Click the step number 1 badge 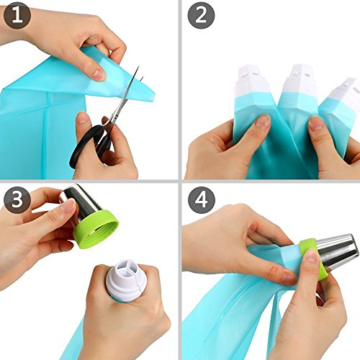click(x=17, y=16)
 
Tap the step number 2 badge click(x=201, y=16)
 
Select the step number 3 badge click(x=17, y=199)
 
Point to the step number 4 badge click(x=202, y=201)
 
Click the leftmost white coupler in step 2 click(x=251, y=81)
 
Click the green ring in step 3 click(x=96, y=230)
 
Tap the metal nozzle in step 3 click(x=81, y=203)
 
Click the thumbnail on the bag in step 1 click(x=99, y=74)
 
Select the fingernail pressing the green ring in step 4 click(x=311, y=256)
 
